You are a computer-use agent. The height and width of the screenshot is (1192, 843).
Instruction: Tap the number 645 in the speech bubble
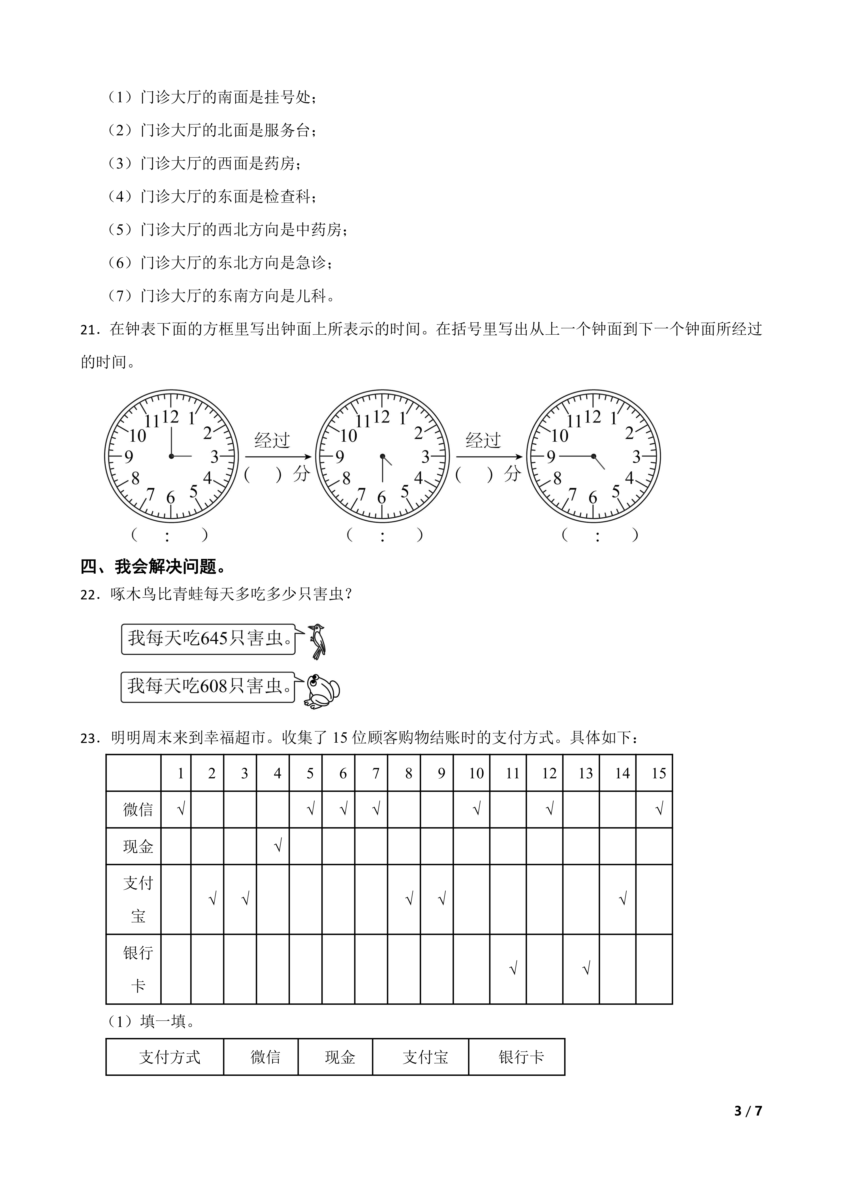pyautogui.click(x=214, y=638)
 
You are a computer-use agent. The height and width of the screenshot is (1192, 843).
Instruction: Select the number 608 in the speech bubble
pyautogui.click(x=214, y=686)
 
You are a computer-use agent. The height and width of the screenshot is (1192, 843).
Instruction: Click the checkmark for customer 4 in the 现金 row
pyautogui.click(x=278, y=847)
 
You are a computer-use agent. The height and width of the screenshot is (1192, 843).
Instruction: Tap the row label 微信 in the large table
pyautogui.click(x=138, y=809)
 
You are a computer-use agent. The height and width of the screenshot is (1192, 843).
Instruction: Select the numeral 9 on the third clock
pyautogui.click(x=551, y=457)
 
